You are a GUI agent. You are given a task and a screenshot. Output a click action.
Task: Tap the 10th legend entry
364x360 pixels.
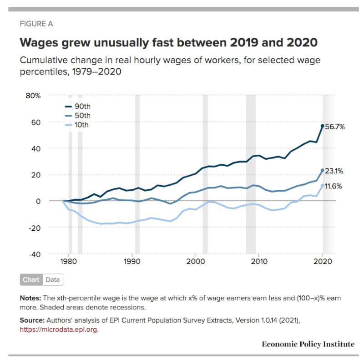tap(78, 125)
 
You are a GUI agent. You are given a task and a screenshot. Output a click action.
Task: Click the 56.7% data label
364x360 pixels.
tap(334, 127)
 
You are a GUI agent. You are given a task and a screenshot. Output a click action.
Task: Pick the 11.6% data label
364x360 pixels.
tap(333, 186)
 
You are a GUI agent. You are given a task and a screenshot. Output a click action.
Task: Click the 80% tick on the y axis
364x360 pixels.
tap(32, 96)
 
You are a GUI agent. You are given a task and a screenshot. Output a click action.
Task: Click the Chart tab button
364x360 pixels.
tap(31, 279)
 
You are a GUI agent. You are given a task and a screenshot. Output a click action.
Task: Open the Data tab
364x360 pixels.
tap(52, 279)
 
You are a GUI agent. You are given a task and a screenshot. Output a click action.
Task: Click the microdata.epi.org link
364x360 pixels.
tap(59, 330)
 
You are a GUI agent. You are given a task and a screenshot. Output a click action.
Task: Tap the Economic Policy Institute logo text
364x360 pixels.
tap(308, 344)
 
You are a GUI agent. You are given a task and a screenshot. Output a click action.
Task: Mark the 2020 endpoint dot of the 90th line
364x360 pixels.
tap(323, 126)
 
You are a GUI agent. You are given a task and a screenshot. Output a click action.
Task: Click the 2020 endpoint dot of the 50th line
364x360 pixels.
tap(323, 170)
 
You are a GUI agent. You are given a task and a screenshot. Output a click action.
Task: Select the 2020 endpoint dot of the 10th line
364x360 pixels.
tap(323, 186)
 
